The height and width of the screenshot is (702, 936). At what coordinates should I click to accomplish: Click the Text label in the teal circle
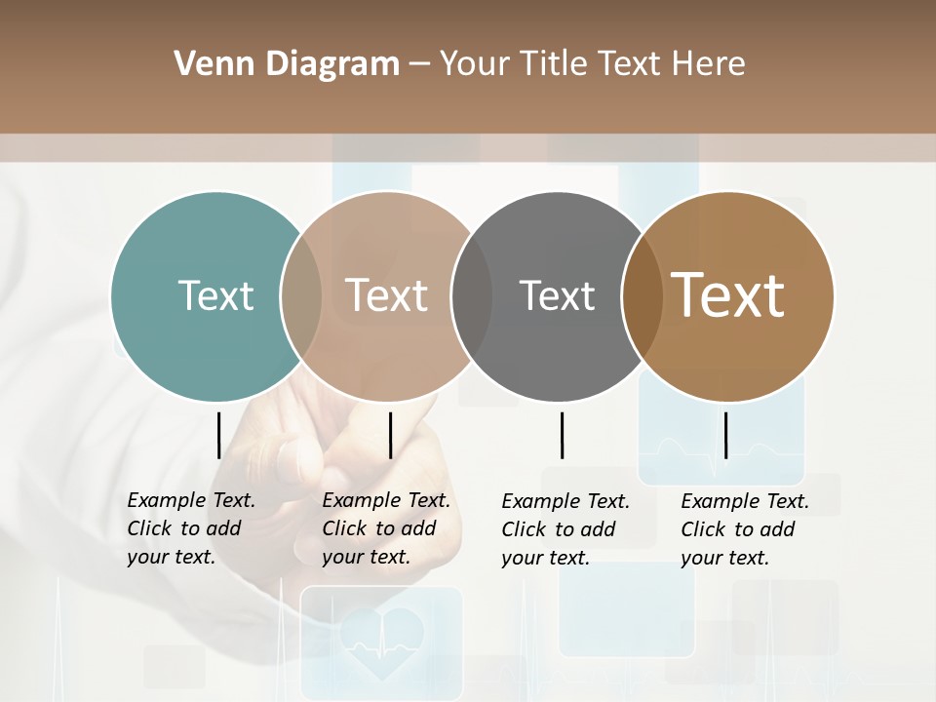click(x=215, y=295)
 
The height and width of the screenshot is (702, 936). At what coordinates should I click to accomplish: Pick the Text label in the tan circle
click(x=387, y=295)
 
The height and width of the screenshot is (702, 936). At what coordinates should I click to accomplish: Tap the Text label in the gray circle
click(x=557, y=295)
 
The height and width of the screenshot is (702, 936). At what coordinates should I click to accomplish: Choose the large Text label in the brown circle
click(x=728, y=294)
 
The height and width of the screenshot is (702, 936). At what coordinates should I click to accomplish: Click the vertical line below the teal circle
click(x=219, y=435)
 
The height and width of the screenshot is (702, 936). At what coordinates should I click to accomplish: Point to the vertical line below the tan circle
click(x=390, y=435)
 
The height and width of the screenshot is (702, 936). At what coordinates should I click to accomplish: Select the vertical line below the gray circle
click(x=562, y=435)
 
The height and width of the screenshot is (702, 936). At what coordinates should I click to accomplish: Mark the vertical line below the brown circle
click(x=725, y=435)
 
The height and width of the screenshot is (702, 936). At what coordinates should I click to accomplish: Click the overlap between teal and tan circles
click(x=301, y=295)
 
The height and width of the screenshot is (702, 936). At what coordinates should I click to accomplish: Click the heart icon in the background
click(x=380, y=639)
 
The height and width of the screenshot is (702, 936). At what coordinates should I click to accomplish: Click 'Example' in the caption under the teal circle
click(x=167, y=500)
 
